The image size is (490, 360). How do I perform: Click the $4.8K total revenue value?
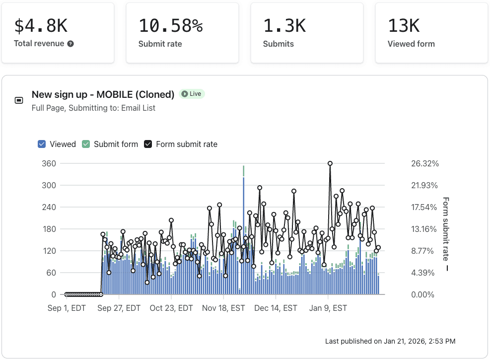(x=41, y=25)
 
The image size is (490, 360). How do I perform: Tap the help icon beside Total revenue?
(x=70, y=44)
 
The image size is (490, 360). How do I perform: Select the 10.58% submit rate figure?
(x=170, y=25)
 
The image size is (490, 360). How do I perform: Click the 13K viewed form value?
(x=404, y=25)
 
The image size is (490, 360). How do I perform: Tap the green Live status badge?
(x=192, y=94)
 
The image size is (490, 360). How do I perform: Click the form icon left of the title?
(x=19, y=100)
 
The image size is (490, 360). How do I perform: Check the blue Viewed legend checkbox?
(x=42, y=144)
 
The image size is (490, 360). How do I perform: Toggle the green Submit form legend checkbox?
(x=86, y=144)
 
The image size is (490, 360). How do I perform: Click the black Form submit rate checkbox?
(x=148, y=144)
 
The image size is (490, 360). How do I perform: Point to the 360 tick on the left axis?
(x=51, y=163)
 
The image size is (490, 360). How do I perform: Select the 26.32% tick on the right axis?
(x=424, y=163)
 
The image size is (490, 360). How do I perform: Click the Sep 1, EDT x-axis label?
(x=67, y=308)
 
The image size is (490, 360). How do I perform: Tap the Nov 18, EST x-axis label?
(x=223, y=308)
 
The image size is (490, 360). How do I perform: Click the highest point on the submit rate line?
(x=330, y=163)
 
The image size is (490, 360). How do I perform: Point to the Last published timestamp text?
(x=390, y=341)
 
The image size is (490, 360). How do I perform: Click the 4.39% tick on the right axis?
(x=423, y=273)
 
